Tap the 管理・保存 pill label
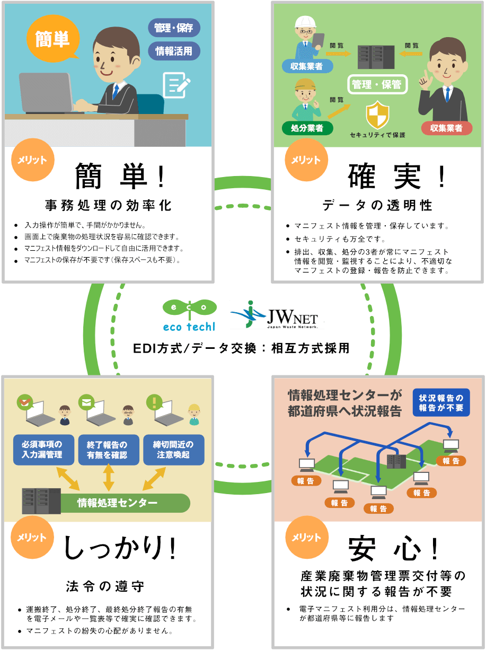pos(174,27)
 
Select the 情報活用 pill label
pos(174,51)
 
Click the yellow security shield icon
pos(377,116)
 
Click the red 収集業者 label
pos(446,128)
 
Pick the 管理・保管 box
pos(377,84)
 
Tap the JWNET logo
pos(277,315)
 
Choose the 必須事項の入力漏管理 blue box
pos(42,450)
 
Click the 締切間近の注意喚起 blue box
pos(173,450)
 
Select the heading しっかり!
pos(120,548)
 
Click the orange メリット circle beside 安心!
pos(304,537)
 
